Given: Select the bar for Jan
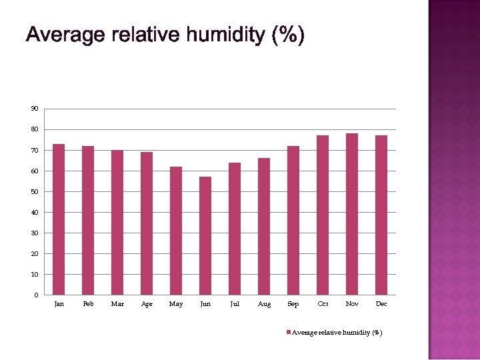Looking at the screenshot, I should [x=59, y=219].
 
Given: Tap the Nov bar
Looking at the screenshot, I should [x=352, y=214].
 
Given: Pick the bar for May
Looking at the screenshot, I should [x=176, y=231].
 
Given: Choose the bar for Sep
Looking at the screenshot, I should [x=293, y=221].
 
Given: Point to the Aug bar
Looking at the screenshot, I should [x=264, y=227].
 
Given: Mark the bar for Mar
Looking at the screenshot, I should [x=117, y=223].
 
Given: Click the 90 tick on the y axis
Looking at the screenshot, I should [x=34, y=109].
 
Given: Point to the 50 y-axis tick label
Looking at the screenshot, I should [x=34, y=192].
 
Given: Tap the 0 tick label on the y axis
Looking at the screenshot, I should [x=36, y=295].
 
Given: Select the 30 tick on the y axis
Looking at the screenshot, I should [x=34, y=233].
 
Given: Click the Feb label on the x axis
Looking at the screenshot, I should [x=88, y=304].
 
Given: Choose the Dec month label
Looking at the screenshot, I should [x=381, y=304].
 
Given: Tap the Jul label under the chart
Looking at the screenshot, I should [x=235, y=304].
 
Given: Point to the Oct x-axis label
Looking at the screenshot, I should [x=323, y=304].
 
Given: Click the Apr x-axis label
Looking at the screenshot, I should [x=147, y=304].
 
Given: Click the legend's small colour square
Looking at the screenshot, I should [x=289, y=332].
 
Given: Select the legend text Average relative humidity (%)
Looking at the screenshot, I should [x=337, y=332].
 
